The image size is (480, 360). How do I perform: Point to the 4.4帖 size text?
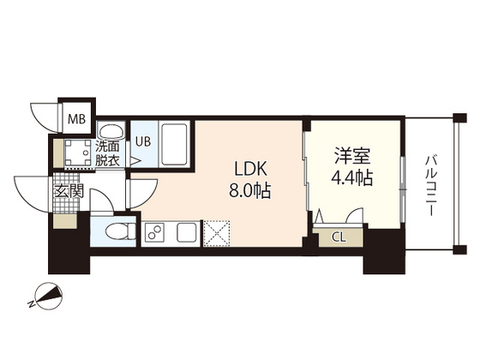351,179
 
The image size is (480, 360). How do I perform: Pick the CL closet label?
339,237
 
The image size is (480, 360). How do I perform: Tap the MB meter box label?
77,118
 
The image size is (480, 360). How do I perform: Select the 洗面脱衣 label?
107,152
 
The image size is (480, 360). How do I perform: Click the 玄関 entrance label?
69,191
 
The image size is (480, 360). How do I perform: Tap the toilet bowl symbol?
116,231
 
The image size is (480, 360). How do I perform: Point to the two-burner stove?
155,231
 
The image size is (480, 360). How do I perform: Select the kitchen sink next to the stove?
186,231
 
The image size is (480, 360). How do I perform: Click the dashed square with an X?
215,231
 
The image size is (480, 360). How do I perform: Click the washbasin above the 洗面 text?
110,131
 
